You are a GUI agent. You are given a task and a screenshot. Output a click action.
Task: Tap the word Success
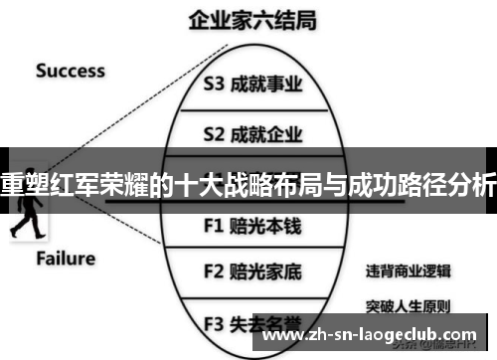pyautogui.click(x=70, y=71)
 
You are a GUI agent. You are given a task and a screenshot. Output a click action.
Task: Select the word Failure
pyautogui.click(x=66, y=259)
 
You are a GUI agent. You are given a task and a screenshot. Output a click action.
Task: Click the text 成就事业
pyautogui.click(x=265, y=85)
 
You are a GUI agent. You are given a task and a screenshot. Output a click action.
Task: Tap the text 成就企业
pyautogui.click(x=265, y=132)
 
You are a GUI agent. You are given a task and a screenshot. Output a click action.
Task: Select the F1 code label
pyautogui.click(x=215, y=225)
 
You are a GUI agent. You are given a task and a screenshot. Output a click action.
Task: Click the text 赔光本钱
pyautogui.click(x=265, y=225)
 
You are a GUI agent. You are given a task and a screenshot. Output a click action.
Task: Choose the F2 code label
pyautogui.click(x=215, y=270)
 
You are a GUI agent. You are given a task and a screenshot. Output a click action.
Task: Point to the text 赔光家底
pyautogui.click(x=265, y=270)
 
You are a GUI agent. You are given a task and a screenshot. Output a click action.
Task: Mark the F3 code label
pyautogui.click(x=215, y=322)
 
